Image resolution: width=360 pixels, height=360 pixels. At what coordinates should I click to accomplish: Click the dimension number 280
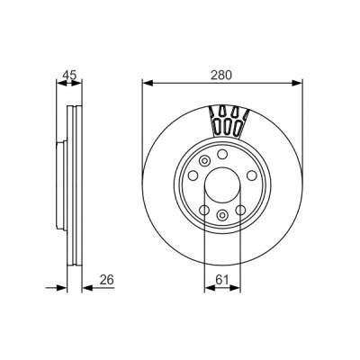click(221, 75)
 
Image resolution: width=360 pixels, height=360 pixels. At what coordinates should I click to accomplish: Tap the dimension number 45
click(69, 75)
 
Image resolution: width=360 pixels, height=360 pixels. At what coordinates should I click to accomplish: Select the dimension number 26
click(107, 280)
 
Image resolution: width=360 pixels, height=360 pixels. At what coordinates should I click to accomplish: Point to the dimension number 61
click(222, 280)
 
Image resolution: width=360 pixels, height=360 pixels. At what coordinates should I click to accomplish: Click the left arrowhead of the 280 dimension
click(148, 83)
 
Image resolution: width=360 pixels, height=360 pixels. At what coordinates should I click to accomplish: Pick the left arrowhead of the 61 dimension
click(210, 288)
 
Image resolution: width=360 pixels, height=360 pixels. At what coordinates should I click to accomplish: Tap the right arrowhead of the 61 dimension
click(235, 288)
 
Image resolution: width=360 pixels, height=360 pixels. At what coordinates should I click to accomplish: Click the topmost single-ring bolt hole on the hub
click(222, 155)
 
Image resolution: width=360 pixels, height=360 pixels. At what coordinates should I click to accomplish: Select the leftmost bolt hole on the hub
click(193, 175)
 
